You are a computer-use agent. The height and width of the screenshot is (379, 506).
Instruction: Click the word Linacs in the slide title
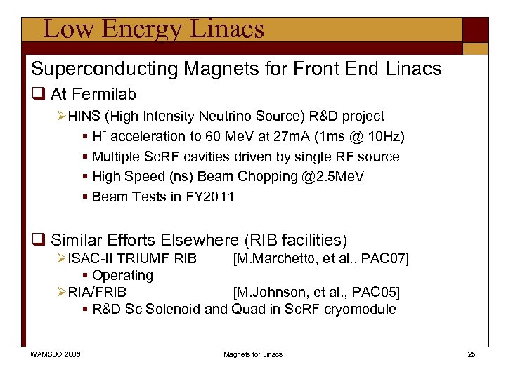(228, 29)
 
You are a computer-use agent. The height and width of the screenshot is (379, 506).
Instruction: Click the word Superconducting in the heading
(93, 68)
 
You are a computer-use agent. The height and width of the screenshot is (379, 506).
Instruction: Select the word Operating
(122, 275)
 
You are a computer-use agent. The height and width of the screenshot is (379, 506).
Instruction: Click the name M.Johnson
(267, 292)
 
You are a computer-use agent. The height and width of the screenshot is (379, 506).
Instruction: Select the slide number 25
(472, 354)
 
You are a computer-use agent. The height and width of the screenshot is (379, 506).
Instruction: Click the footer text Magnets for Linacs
(253, 354)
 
